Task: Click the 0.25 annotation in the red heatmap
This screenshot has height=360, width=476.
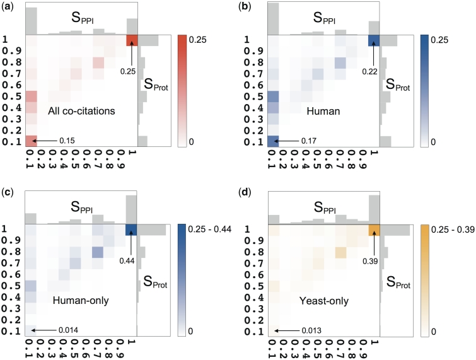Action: tap(128, 71)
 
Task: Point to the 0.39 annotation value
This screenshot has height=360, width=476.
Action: tap(371, 257)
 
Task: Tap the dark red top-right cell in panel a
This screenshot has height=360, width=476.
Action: tap(132, 40)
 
